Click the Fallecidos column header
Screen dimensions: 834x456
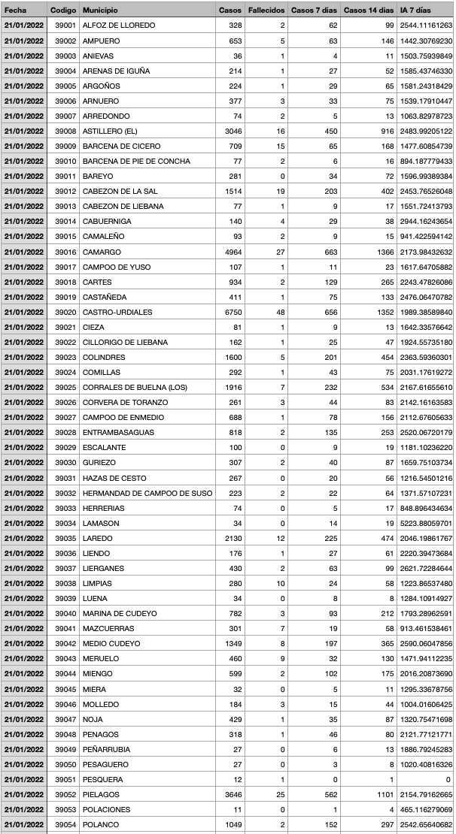point(266,11)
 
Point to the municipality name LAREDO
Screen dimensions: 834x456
point(97,538)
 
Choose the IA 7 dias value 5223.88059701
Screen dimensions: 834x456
point(426,523)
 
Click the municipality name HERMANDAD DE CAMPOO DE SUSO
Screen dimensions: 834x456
point(147,493)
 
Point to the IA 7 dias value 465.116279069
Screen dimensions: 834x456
point(426,809)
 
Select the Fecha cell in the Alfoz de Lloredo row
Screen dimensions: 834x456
point(24,26)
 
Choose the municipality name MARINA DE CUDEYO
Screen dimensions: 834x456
point(120,614)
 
